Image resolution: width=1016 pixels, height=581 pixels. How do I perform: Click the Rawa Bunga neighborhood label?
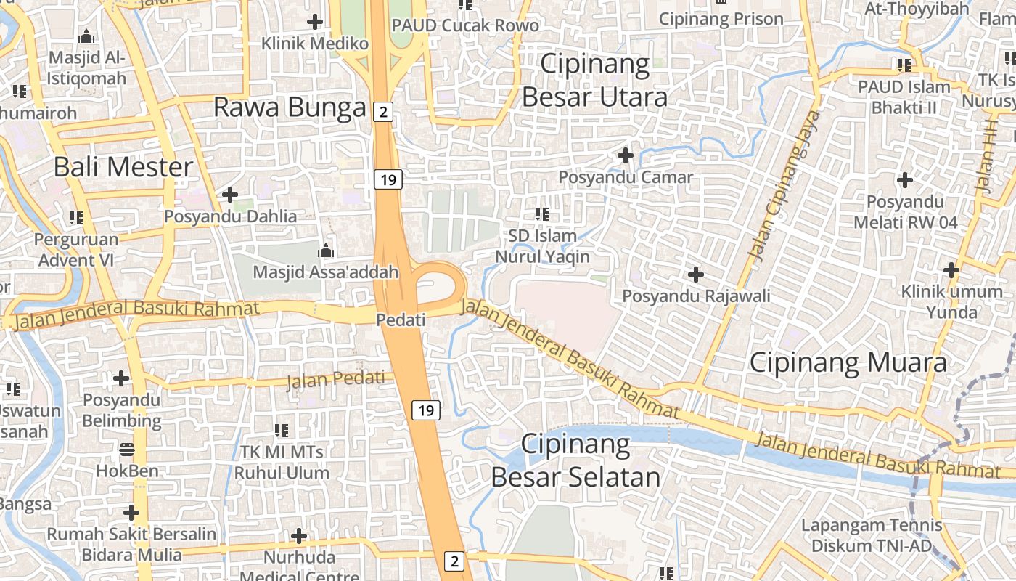(x=290, y=108)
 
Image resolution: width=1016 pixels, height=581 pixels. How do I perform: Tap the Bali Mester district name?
(x=123, y=167)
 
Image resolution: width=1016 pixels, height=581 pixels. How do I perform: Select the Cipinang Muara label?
(x=848, y=362)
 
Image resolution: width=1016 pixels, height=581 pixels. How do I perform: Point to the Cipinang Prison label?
(x=721, y=19)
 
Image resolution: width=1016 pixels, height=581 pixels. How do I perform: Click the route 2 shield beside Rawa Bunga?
(x=383, y=112)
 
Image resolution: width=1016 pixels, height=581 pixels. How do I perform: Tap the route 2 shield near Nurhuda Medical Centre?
(x=454, y=561)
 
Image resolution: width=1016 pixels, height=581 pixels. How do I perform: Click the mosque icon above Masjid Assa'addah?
(x=326, y=251)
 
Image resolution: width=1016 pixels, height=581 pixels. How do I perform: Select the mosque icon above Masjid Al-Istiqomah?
(x=86, y=36)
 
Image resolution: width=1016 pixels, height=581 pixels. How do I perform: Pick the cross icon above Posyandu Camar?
(x=625, y=155)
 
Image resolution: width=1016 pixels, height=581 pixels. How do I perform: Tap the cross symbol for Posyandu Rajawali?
(x=696, y=275)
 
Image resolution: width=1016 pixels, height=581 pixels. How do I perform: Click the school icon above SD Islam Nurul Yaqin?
(x=542, y=214)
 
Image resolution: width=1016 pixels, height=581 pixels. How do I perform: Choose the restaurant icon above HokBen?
(x=127, y=449)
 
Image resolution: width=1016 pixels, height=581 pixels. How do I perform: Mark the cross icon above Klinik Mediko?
(x=315, y=22)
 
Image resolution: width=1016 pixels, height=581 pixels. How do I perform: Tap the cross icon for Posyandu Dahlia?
(x=230, y=195)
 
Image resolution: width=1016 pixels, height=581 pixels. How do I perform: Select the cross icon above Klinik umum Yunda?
(x=951, y=270)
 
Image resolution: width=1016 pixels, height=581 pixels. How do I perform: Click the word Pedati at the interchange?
(x=401, y=320)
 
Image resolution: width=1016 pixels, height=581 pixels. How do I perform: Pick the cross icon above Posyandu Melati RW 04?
(x=905, y=179)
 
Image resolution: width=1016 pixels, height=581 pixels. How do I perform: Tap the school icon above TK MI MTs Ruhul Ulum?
(x=282, y=431)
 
